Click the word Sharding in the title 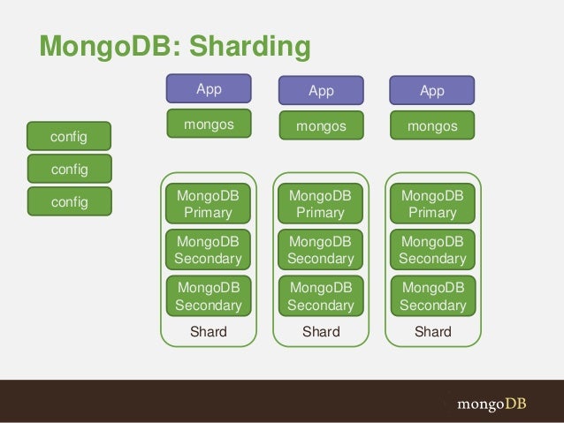[x=251, y=46]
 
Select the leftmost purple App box [x=209, y=89]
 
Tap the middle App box [x=321, y=91]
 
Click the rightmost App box [x=432, y=91]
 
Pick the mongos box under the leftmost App [x=209, y=125]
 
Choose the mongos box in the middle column [x=321, y=127]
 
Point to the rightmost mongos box [x=432, y=127]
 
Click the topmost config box [x=69, y=136]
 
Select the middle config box [x=69, y=168]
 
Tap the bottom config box [x=69, y=201]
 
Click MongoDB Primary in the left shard [x=209, y=203]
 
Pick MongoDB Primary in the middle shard [x=321, y=203]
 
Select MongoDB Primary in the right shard [x=433, y=203]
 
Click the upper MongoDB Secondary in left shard [x=209, y=250]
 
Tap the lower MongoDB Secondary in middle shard [x=321, y=297]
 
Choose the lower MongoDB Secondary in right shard [x=433, y=297]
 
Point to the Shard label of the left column [x=209, y=332]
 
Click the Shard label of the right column [x=433, y=332]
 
